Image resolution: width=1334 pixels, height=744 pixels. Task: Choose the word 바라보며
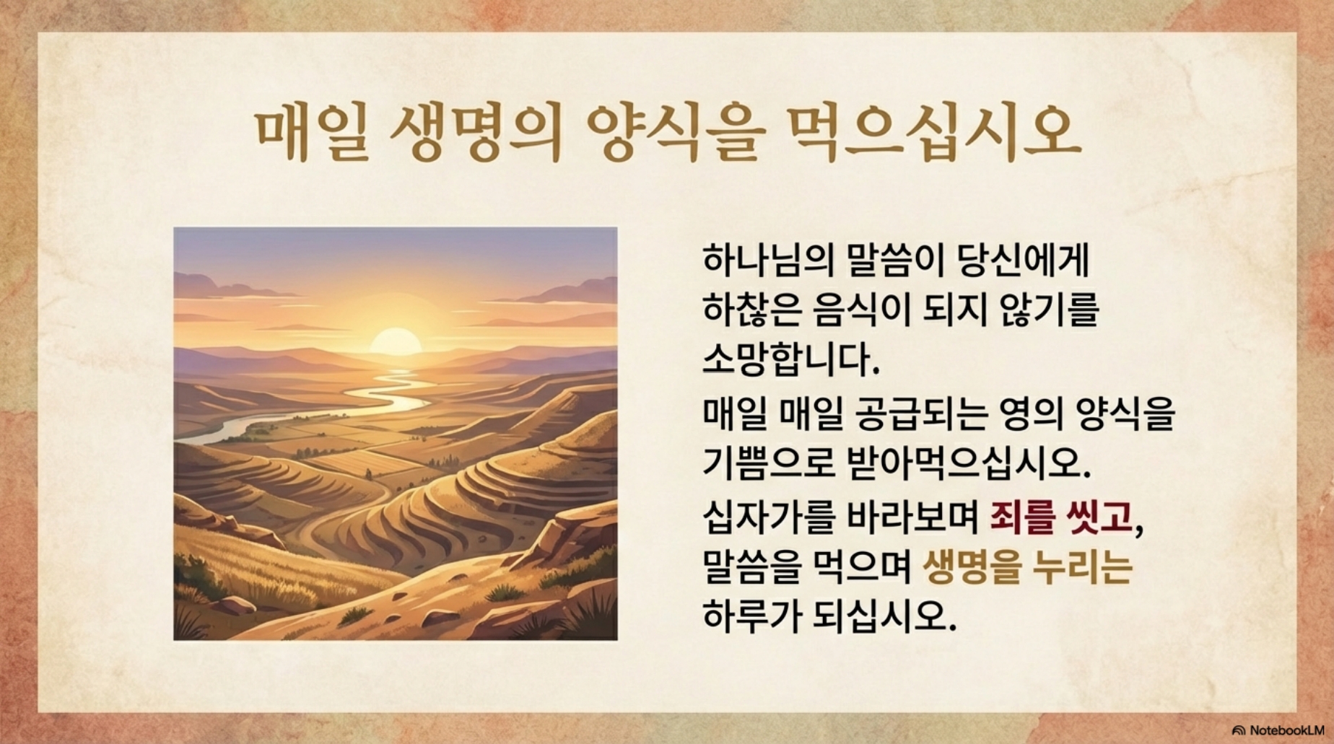coord(912,517)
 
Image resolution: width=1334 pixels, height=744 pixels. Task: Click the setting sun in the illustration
coord(395,341)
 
